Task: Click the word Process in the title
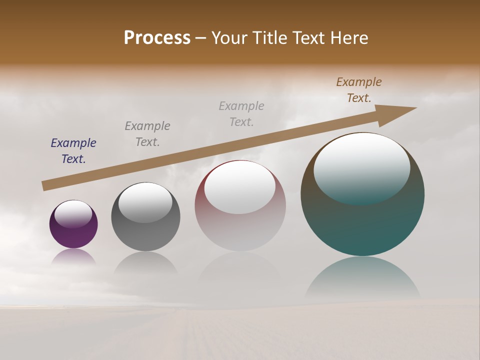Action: (157, 38)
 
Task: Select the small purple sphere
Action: (73, 235)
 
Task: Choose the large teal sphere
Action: (362, 225)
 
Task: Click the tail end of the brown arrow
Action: (45, 186)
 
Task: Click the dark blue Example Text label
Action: (73, 151)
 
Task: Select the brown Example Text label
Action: (359, 90)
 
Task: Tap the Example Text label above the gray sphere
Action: (147, 134)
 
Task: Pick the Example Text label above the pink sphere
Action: (241, 114)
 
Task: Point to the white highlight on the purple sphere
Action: (73, 214)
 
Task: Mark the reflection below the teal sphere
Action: (362, 277)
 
